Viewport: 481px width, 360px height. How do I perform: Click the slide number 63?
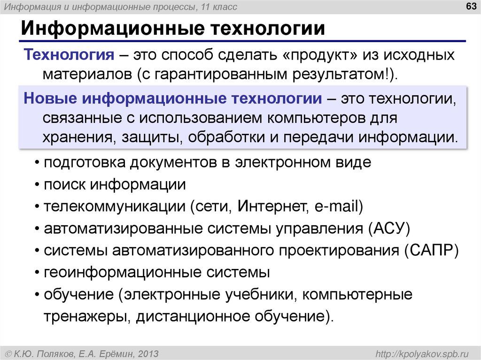(x=470, y=7)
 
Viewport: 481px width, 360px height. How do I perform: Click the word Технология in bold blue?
(x=70, y=55)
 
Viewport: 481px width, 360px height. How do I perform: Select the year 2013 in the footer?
(x=147, y=353)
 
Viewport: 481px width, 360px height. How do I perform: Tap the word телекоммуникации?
(x=115, y=206)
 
